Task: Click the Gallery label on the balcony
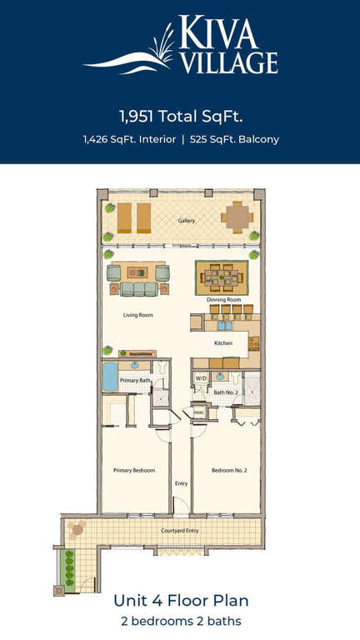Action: (187, 221)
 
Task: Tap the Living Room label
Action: (138, 315)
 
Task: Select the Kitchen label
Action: (223, 343)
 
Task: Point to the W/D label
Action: (201, 378)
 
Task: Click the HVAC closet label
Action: (199, 412)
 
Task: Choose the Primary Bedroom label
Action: (134, 471)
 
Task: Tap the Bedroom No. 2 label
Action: (229, 471)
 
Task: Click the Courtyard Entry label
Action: (180, 531)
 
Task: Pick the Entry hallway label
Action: (181, 483)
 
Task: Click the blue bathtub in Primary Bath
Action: (110, 377)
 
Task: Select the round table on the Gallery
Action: (237, 217)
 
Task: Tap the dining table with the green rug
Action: (222, 277)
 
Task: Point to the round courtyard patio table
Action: (77, 530)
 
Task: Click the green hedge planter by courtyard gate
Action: (69, 568)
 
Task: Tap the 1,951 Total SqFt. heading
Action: (181, 117)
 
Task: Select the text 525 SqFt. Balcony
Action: (234, 140)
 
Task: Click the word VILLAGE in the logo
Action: (229, 62)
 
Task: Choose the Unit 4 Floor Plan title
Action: (181, 601)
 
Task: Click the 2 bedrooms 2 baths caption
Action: (181, 621)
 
